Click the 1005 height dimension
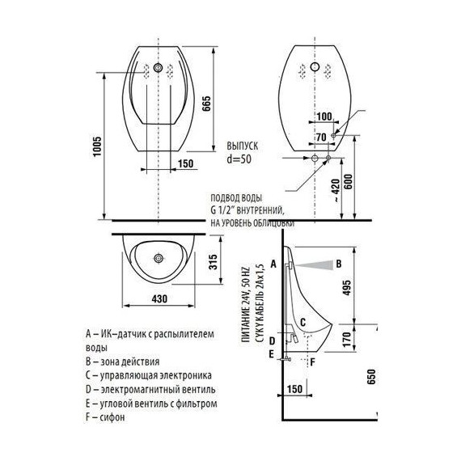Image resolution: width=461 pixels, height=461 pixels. click(x=97, y=146)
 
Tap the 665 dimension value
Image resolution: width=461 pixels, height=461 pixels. click(x=206, y=104)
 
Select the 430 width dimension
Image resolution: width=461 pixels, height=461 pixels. click(x=159, y=298)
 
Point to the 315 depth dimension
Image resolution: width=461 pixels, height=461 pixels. click(x=213, y=262)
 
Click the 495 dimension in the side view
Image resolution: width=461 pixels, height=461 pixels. click(x=347, y=288)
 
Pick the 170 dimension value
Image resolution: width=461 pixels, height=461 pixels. click(x=347, y=338)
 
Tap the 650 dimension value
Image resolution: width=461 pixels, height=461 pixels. click(x=371, y=377)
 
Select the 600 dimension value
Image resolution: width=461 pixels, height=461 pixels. click(x=348, y=182)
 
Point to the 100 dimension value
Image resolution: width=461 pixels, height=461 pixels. click(x=324, y=116)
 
